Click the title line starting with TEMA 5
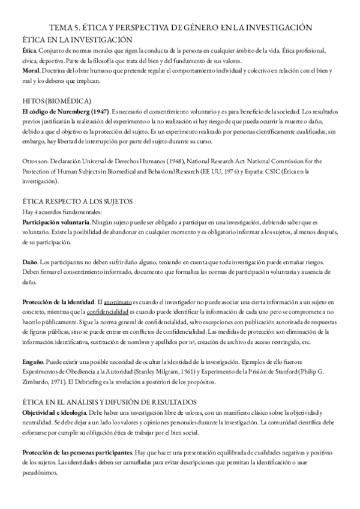point(180,28)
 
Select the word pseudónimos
point(39,472)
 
